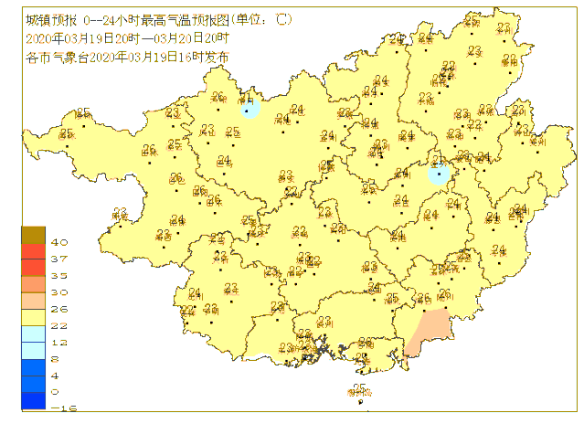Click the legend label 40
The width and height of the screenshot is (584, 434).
59,243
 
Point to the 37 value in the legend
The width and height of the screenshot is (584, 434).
59,259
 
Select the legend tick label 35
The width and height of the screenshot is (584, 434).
59,276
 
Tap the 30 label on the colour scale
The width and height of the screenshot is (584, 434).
59,292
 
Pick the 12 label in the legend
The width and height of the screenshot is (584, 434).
59,343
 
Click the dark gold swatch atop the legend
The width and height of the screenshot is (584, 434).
33,235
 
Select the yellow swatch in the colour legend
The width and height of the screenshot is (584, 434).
33,317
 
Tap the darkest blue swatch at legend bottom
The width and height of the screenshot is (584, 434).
33,400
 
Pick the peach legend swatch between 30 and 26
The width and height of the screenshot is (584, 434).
33,301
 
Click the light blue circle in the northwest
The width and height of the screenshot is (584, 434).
250,106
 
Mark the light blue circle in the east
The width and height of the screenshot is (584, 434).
440,174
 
